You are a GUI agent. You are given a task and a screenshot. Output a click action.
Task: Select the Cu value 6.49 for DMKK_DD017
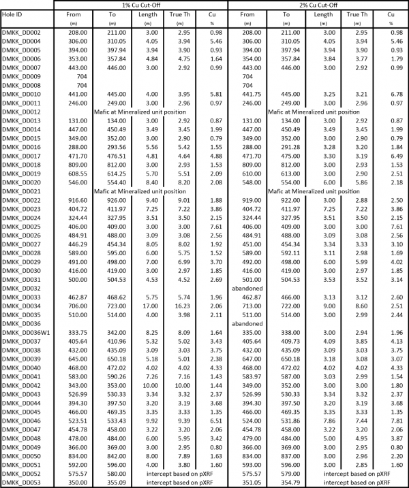click(390, 155)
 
